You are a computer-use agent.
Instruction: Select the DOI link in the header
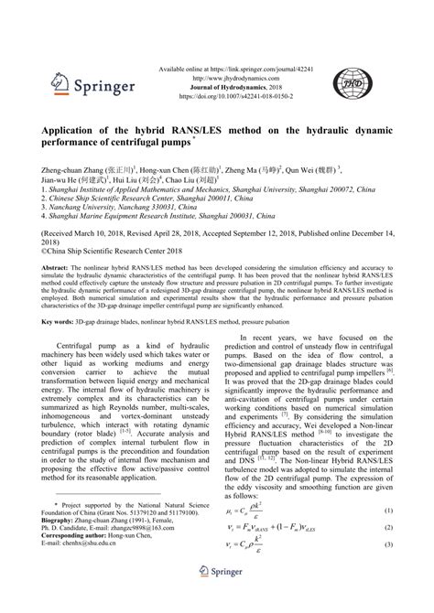coord(216,93)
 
